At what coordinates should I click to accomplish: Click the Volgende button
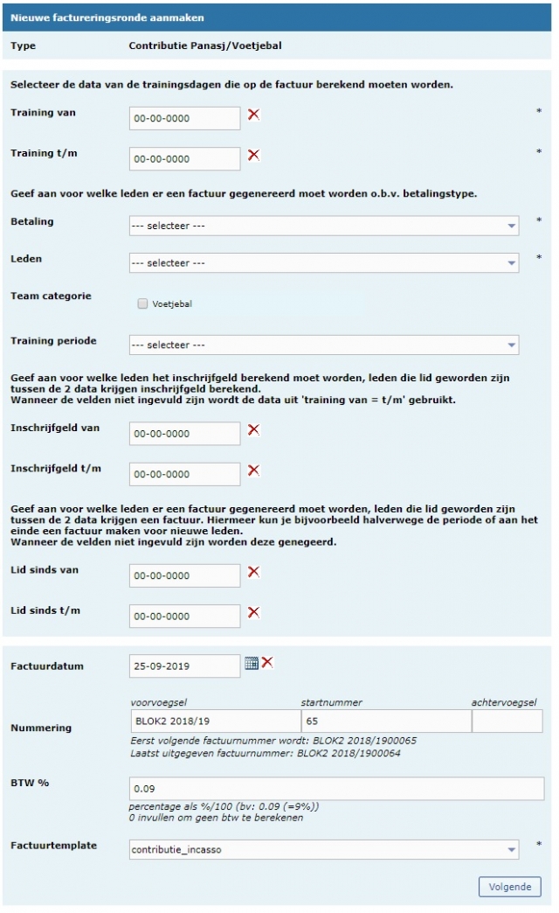(509, 886)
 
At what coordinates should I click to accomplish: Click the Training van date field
(184, 118)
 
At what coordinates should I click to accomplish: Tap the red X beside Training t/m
(254, 155)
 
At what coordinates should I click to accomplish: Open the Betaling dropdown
(324, 226)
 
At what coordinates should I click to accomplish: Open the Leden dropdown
(324, 262)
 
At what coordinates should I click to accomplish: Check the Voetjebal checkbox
(142, 304)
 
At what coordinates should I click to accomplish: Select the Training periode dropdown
(324, 345)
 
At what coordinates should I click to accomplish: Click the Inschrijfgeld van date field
(184, 434)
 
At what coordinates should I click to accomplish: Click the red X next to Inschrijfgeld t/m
(254, 470)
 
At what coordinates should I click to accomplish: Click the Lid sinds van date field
(184, 575)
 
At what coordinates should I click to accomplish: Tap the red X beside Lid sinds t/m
(254, 612)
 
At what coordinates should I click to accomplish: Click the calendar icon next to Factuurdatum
(251, 663)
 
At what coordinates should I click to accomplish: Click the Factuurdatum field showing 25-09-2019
(184, 666)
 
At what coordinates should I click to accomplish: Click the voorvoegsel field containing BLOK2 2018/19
(214, 721)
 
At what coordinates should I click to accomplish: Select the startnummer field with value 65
(385, 721)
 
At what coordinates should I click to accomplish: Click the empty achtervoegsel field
(507, 721)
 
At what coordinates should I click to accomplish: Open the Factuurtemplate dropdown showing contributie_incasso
(324, 849)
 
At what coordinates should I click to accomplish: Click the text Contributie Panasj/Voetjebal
(205, 45)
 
